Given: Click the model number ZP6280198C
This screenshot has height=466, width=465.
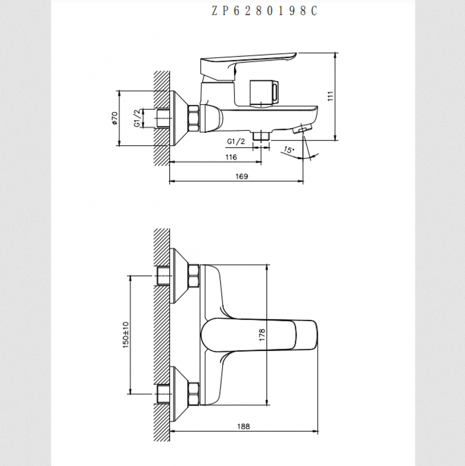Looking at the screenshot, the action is [264, 11].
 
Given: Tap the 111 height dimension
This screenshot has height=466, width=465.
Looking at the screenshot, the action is [331, 96].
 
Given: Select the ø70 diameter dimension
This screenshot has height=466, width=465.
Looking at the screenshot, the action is [114, 118].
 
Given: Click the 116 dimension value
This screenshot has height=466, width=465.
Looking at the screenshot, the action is [231, 157].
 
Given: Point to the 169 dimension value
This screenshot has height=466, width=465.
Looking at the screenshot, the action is [241, 176].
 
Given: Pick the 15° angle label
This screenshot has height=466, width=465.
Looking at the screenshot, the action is [288, 149].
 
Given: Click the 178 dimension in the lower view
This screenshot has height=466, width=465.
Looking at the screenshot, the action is [262, 335].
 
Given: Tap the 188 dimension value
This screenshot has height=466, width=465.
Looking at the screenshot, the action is [243, 426].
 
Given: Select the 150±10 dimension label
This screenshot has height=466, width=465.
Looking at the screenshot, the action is [126, 335].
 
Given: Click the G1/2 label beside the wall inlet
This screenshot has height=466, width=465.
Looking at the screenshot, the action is [137, 118].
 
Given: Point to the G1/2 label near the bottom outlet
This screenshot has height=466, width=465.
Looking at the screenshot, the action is [236, 142].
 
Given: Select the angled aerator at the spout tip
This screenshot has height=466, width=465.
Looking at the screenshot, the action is [302, 129].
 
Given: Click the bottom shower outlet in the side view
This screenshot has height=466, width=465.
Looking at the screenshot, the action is [261, 135].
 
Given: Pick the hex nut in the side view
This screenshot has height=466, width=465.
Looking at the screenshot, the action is [193, 118].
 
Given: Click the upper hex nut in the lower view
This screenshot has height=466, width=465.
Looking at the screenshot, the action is [193, 276].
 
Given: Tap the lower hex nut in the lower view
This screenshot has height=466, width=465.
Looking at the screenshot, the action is [193, 394].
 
